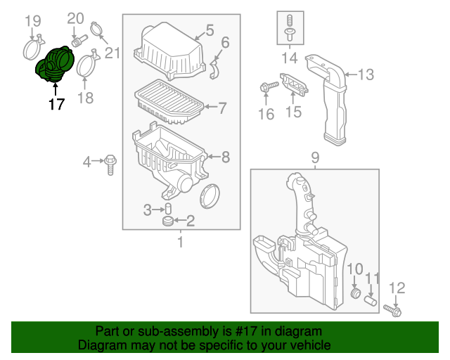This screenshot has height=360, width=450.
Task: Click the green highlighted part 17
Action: (x=53, y=64)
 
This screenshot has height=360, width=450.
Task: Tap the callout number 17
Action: (x=56, y=105)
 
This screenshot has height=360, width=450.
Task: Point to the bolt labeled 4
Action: (x=111, y=164)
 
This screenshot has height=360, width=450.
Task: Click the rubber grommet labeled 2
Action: (x=169, y=221)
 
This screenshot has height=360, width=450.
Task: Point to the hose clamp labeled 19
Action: (x=30, y=49)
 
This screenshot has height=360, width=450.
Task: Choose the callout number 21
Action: (x=112, y=52)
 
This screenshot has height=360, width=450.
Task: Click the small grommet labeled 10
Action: (x=354, y=292)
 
